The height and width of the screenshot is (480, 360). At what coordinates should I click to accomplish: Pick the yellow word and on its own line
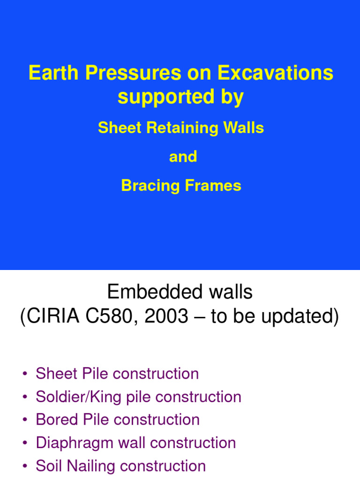183,157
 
